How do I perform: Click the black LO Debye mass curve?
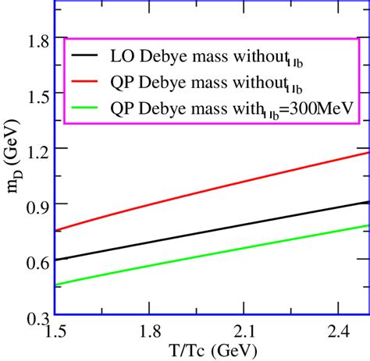pos(211,231)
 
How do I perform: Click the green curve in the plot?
pos(211,257)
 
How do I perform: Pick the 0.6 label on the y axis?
pos(32,260)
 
